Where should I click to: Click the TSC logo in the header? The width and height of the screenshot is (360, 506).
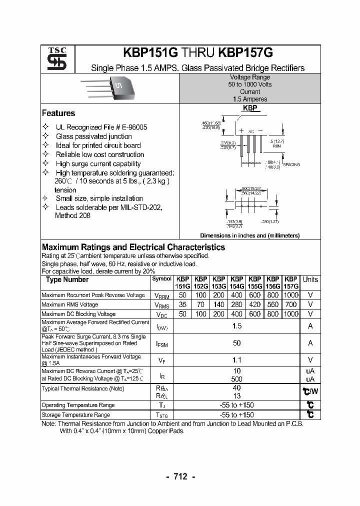click(x=53, y=58)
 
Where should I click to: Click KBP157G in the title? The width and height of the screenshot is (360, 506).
click(x=250, y=53)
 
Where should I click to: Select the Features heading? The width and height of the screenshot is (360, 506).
click(x=58, y=113)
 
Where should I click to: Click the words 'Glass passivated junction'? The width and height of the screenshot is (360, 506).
click(x=93, y=136)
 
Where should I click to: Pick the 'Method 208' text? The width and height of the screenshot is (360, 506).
click(x=73, y=215)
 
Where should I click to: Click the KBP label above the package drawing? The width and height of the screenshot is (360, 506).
click(x=250, y=108)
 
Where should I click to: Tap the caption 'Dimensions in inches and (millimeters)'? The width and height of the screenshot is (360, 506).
click(x=249, y=235)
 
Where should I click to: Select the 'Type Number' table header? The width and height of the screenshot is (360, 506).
click(x=67, y=279)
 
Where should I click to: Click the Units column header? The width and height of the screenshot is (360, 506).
click(x=310, y=279)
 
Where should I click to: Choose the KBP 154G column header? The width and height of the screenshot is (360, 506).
click(x=236, y=282)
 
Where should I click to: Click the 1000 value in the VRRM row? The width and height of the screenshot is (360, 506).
click(x=290, y=295)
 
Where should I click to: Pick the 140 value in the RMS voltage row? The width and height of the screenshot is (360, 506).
click(x=218, y=304)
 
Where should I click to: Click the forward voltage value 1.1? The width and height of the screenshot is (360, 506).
click(x=236, y=359)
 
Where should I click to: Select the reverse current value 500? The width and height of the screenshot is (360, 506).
click(x=236, y=379)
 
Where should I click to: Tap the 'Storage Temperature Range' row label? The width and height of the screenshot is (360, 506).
click(x=75, y=415)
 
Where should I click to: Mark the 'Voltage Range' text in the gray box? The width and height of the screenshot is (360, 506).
click(x=250, y=77)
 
